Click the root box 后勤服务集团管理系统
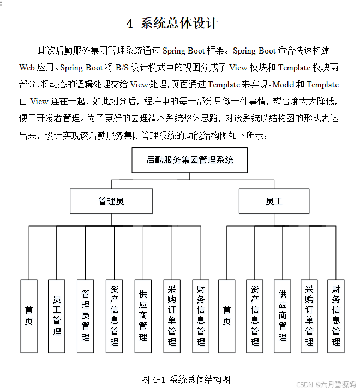click(189, 160)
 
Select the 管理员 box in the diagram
click(111, 201)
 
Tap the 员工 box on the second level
click(274, 201)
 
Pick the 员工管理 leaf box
click(57, 316)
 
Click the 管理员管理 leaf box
click(86, 316)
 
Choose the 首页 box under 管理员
click(29, 316)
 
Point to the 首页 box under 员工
click(226, 316)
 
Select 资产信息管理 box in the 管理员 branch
click(115, 316)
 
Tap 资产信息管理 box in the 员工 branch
click(254, 316)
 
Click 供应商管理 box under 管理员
click(143, 316)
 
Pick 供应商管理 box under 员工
click(282, 316)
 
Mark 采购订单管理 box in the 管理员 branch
click(172, 316)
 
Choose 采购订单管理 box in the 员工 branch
click(309, 316)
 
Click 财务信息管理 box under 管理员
click(201, 316)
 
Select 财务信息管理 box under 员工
click(336, 316)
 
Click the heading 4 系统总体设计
click(172, 23)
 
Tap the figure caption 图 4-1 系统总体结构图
click(185, 379)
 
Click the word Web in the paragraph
click(27, 68)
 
